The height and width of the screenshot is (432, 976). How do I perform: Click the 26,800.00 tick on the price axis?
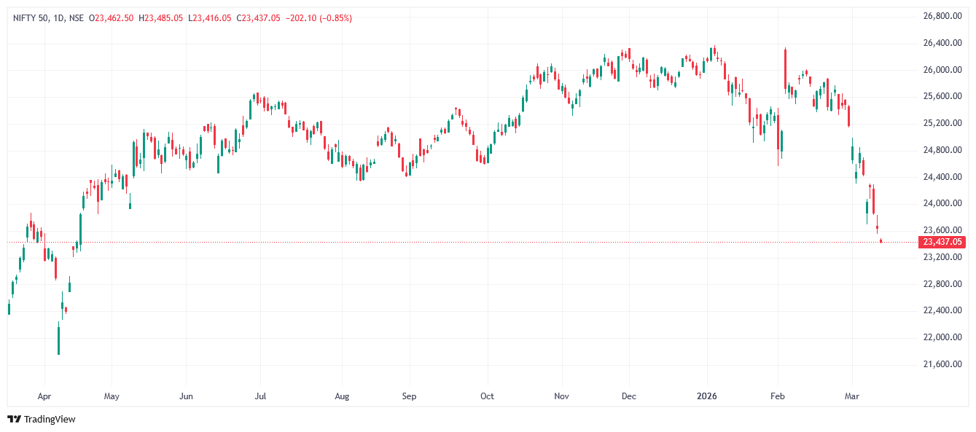coord(939,16)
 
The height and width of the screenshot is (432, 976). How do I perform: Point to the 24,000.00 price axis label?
coord(939,203)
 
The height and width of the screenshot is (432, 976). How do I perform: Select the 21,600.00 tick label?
coord(939,364)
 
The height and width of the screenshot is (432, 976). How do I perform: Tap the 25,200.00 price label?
coord(939,123)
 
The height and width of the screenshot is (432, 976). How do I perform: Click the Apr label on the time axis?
coord(44,396)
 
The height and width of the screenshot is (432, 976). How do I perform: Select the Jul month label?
coord(259,396)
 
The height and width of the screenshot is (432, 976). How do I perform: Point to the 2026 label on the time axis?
coord(707,396)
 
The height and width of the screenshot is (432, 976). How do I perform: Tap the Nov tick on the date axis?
coord(561,396)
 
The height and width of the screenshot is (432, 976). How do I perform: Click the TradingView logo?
coord(42,419)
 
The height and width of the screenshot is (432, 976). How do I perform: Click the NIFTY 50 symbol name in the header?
coord(30,18)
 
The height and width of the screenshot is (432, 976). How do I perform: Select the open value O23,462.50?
coord(111,18)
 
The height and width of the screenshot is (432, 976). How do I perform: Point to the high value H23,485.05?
coord(160,18)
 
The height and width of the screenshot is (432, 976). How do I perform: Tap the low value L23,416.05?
coord(210,18)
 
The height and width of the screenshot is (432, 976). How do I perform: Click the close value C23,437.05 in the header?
coord(258,18)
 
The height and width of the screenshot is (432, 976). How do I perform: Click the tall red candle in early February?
coord(785,69)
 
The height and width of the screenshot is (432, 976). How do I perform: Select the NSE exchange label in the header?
coord(76,18)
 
